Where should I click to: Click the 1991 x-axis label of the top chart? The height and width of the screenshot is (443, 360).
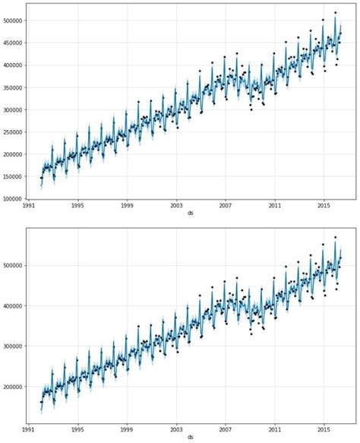coord(30,206)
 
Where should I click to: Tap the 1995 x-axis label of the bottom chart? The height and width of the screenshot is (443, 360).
coord(78,430)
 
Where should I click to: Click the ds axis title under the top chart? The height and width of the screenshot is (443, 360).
coord(191,214)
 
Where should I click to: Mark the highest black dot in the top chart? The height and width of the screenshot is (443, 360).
coord(335,12)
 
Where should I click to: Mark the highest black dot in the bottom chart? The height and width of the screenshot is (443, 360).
coord(335,237)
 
